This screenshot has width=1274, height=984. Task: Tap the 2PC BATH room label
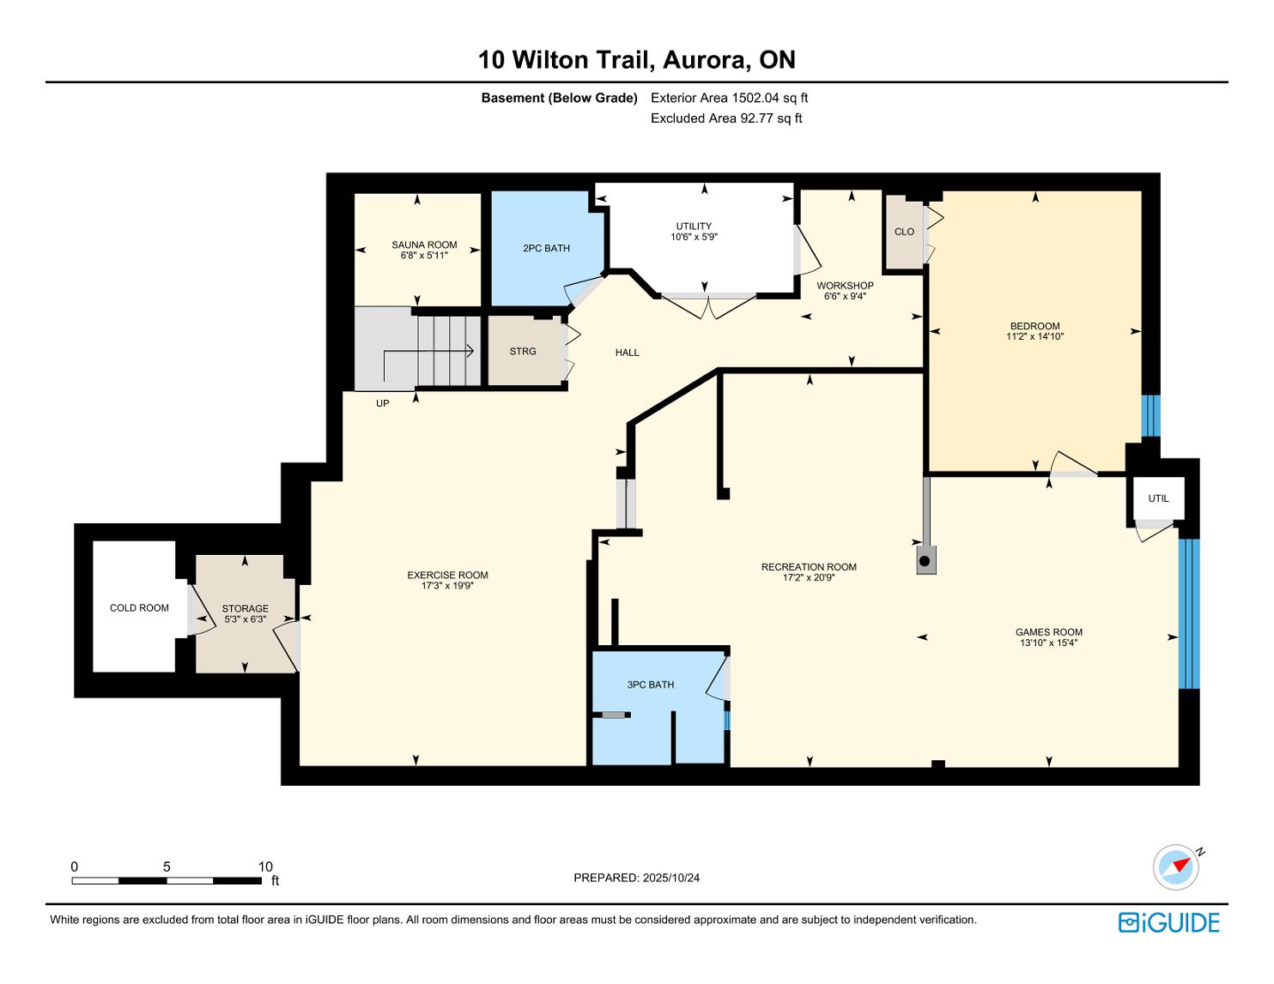546,248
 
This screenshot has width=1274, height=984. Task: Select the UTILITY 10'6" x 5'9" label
694,232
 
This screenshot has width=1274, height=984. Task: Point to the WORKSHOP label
845,285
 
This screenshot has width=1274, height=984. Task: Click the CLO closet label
904,232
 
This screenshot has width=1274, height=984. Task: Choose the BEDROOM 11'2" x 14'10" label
1034,331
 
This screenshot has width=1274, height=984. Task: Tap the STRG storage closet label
522,352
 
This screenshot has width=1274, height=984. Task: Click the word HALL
627,353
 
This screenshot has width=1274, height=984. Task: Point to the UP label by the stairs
382,403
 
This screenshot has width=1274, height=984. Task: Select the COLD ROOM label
139,608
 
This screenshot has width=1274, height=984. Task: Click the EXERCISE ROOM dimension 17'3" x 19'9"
447,585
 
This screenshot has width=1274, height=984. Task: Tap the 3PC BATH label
650,685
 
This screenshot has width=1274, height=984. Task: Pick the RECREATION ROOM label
809,567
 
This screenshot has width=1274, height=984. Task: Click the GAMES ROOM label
1049,632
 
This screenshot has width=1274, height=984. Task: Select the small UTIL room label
1158,498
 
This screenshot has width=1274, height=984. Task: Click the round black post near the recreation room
925,562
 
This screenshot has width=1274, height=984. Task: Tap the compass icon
1176,867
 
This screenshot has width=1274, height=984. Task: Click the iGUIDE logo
1168,922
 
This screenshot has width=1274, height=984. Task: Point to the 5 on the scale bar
167,866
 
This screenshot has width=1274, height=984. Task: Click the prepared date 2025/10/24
670,878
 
